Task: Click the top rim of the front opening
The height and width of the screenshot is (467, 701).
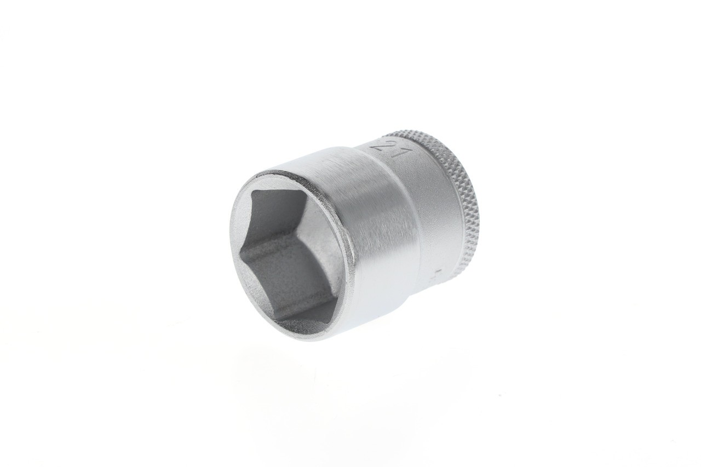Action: [285, 174]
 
